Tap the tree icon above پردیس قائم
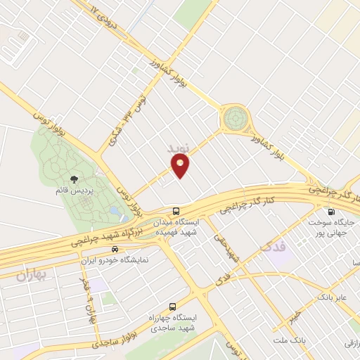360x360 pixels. point(75,179)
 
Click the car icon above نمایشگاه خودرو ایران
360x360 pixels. point(124,249)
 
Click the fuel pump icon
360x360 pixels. point(330,212)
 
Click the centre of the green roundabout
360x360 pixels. point(236,119)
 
